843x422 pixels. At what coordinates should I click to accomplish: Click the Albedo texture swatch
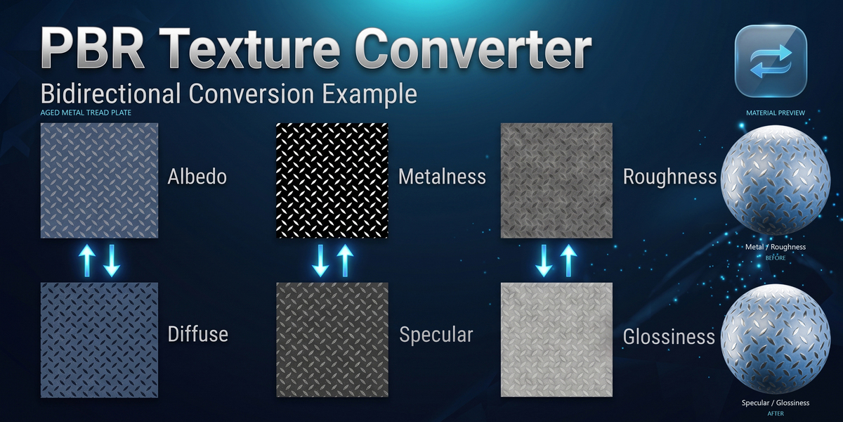pos(99,181)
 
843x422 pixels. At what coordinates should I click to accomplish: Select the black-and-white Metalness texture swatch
pos(332,181)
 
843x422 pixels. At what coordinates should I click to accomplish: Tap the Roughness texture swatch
pos(556,181)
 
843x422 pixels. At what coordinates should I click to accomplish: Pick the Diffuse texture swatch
pos(99,340)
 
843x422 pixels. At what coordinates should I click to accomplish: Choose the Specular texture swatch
pos(332,340)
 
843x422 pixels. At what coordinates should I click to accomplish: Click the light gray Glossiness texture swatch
pos(556,340)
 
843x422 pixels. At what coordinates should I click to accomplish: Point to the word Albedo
pos(197,177)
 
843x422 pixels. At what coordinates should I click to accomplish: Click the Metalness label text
pos(442,177)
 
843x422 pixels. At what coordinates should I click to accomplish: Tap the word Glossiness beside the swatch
pos(669,336)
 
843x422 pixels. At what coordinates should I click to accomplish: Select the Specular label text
pos(436,335)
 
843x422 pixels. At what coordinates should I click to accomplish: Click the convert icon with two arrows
pos(771,61)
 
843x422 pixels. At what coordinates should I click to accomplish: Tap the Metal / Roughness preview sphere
pos(776,180)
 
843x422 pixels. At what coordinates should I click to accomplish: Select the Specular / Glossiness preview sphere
pos(776,339)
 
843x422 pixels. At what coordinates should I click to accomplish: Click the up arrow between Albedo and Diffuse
pos(87,260)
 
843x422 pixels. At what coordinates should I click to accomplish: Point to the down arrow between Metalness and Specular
pos(320,260)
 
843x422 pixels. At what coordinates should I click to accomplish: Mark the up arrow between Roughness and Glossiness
pos(568,260)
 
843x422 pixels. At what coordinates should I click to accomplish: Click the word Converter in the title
pos(473,49)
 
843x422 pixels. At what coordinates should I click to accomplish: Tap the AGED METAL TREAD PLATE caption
pos(86,113)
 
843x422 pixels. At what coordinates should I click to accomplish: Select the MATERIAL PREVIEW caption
pos(776,113)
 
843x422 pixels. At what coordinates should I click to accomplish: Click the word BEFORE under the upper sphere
pos(776,258)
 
